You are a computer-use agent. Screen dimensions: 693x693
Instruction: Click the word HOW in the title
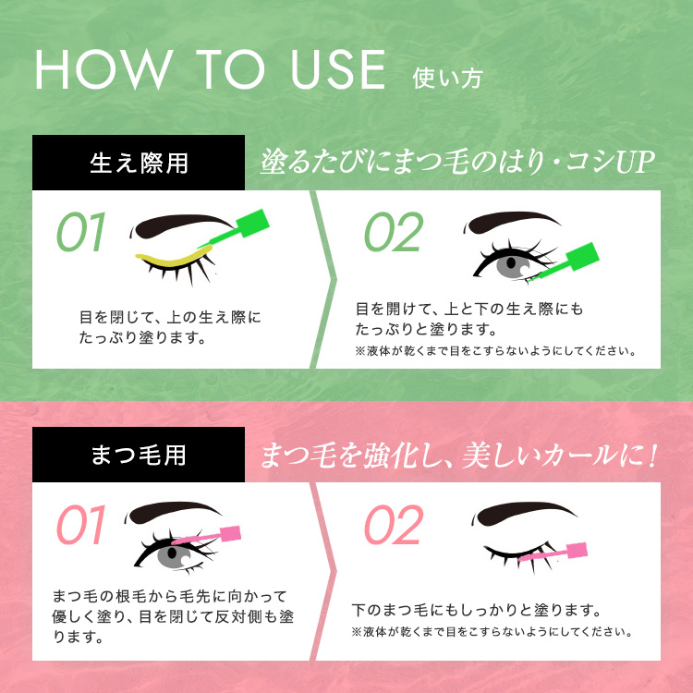(104, 69)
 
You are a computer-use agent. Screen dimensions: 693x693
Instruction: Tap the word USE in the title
(338, 69)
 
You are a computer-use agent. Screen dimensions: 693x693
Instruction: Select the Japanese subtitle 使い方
(447, 79)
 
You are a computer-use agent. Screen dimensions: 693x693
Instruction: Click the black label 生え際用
(139, 163)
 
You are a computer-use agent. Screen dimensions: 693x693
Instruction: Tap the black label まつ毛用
(139, 455)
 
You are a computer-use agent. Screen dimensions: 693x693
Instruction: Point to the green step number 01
(81, 232)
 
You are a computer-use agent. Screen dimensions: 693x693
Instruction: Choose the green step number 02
(394, 232)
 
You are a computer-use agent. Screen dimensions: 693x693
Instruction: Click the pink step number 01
(81, 525)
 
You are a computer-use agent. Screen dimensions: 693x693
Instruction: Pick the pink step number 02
(394, 525)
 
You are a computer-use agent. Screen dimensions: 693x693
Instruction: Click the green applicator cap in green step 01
(252, 223)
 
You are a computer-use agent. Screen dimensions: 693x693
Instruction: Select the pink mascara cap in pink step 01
(230, 533)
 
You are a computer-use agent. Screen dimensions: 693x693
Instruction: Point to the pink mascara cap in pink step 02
(577, 551)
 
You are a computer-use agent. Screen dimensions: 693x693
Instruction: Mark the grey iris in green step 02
(512, 265)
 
